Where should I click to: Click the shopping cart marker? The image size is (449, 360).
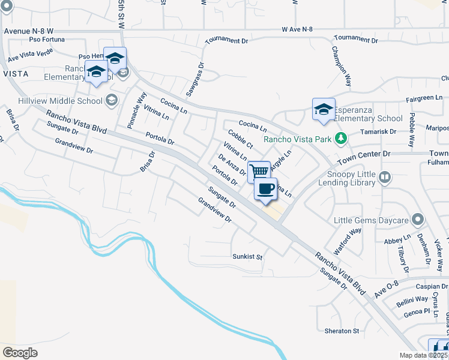259,171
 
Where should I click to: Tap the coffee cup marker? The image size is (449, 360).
265,189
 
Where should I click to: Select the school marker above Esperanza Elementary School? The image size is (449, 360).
324,109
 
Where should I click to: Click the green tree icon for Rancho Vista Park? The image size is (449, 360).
342,139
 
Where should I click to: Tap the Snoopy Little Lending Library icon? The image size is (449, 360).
385,177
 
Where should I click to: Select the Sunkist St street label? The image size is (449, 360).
248,257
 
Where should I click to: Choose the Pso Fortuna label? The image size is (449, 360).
46,40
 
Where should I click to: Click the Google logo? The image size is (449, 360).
20,352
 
